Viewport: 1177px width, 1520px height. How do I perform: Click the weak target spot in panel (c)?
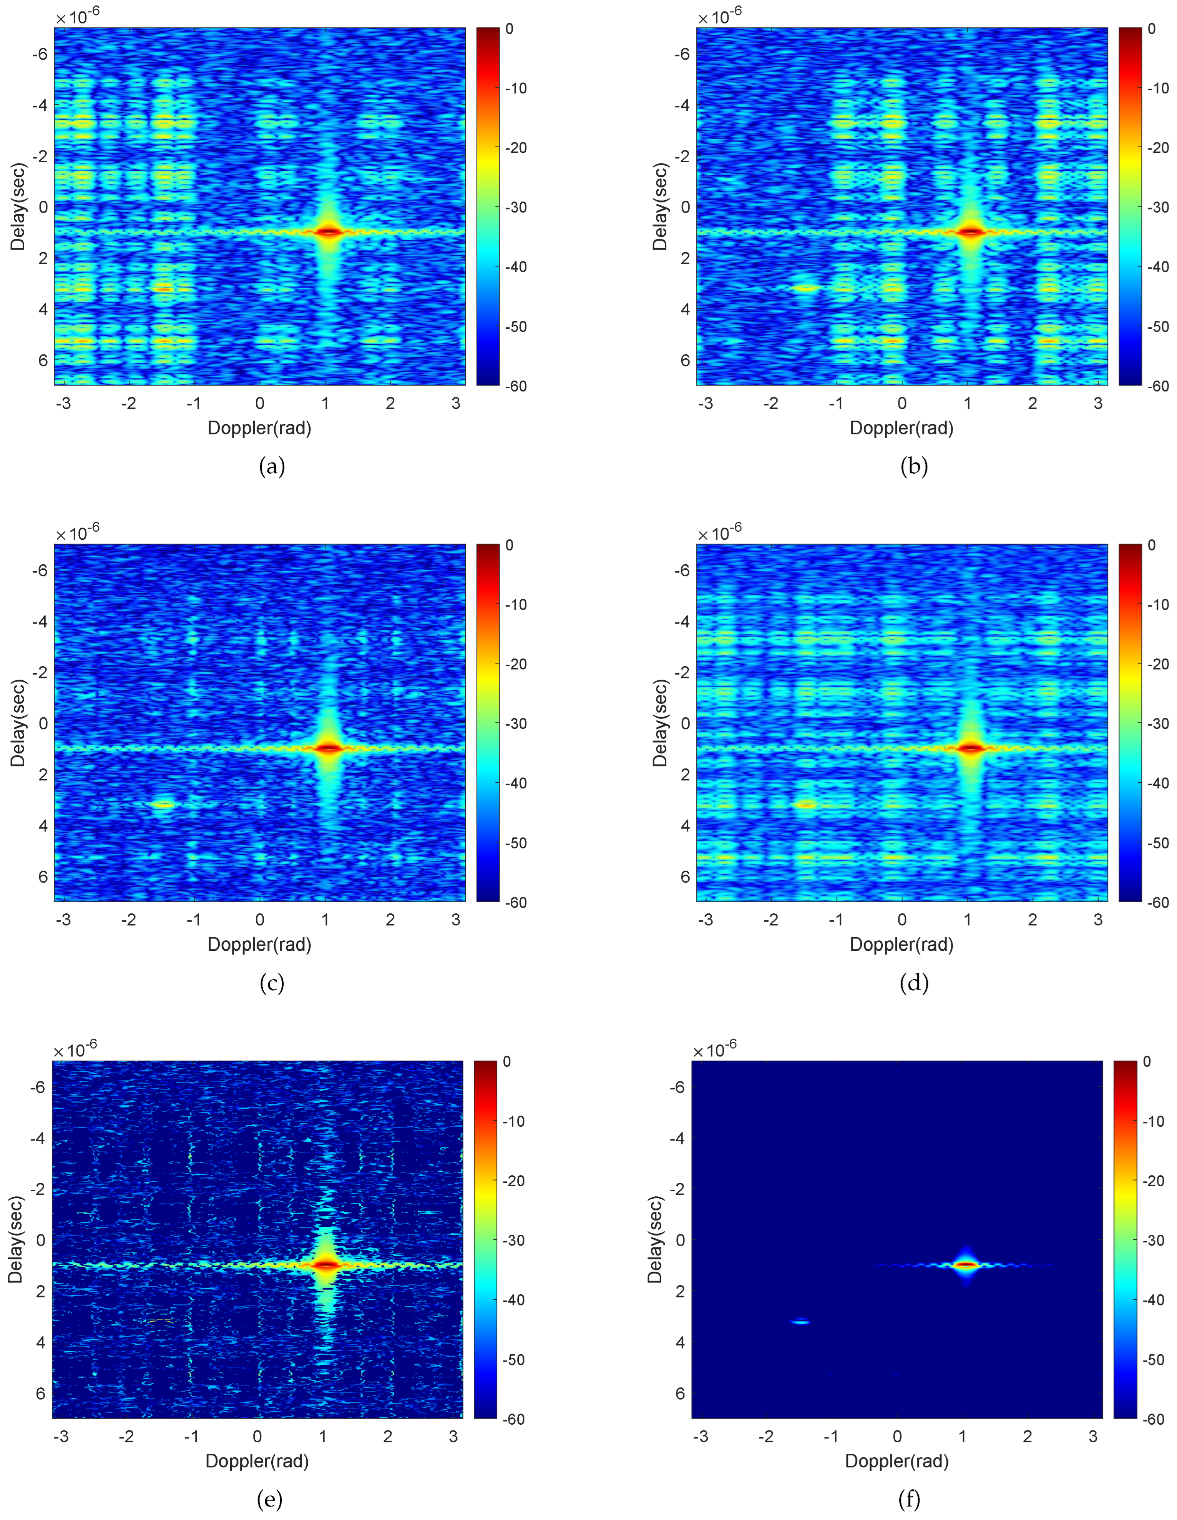(163, 805)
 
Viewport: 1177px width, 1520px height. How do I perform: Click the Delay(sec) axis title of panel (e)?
(15, 1239)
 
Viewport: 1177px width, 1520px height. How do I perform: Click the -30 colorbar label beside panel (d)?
(1157, 724)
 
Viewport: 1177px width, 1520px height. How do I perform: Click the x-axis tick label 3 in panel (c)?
(456, 920)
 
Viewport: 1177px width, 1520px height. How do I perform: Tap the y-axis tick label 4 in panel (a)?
(43, 309)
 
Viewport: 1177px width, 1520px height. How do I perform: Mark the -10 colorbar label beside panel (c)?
(515, 605)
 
